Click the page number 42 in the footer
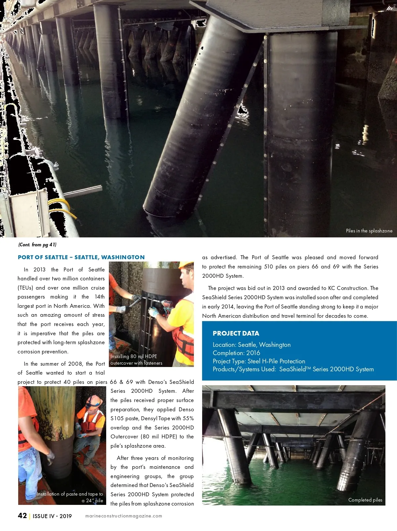coord(22,516)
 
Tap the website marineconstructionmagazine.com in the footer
coord(124,516)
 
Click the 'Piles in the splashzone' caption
coord(369,231)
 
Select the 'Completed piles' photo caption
coord(365,500)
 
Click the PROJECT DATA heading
coord(236,333)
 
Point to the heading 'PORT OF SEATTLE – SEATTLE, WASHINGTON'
coord(81,257)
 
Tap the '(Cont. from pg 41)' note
coord(37,245)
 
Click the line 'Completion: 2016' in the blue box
coord(236,353)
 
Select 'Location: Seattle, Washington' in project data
coord(251,345)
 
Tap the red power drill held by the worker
coord(167,305)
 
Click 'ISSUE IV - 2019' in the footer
coord(52,516)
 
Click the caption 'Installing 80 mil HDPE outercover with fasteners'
coord(136,360)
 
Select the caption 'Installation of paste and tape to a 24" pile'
coord(70,497)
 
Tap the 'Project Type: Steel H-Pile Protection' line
coord(259,361)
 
